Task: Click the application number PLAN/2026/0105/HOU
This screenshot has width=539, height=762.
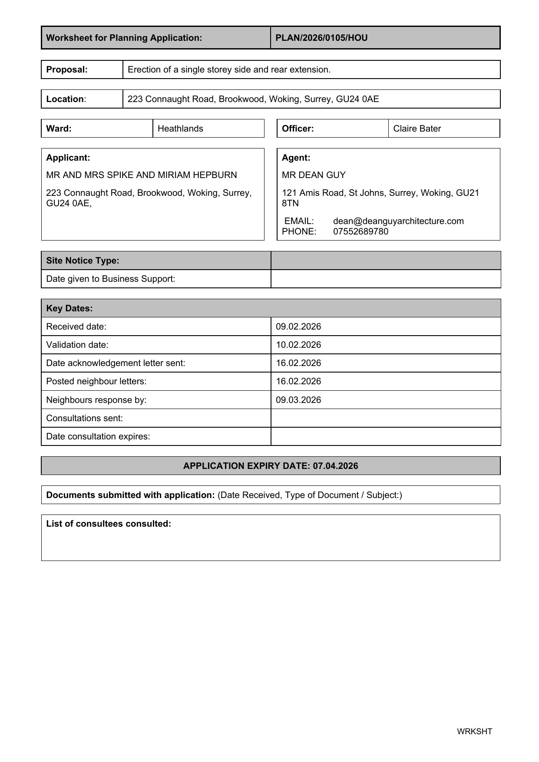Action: (321, 38)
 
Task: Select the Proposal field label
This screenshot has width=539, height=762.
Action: (67, 69)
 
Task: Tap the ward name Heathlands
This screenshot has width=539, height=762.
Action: (180, 129)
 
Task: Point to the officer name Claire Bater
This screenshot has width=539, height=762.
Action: (417, 129)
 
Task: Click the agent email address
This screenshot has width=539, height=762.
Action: (398, 221)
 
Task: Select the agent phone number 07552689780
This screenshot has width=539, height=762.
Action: (360, 231)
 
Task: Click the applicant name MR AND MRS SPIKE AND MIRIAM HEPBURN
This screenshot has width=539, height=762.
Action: (142, 175)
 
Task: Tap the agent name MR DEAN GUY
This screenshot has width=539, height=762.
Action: (314, 175)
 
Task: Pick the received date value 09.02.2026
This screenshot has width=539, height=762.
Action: (298, 327)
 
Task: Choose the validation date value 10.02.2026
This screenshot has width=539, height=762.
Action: (298, 345)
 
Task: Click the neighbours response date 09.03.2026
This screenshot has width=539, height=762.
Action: (298, 400)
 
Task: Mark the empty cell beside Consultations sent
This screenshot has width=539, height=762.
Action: (385, 418)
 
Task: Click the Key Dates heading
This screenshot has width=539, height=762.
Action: (69, 308)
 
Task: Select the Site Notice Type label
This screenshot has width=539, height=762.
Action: (83, 261)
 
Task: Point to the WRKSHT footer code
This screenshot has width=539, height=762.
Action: (474, 731)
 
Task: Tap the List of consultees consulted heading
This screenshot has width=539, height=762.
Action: (109, 524)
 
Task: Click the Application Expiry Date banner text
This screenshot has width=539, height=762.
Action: (271, 466)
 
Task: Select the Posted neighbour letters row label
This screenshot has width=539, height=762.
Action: (96, 381)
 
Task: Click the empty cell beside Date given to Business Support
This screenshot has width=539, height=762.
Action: (385, 279)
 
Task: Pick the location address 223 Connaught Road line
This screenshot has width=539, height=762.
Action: (253, 99)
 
